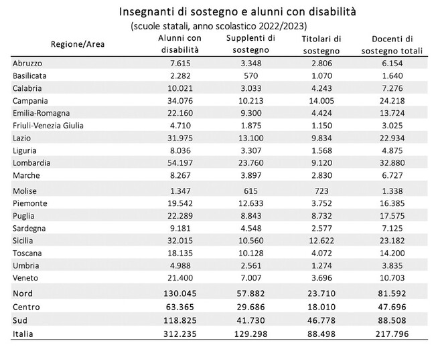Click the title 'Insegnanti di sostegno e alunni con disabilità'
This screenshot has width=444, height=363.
pyautogui.click(x=238, y=12)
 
